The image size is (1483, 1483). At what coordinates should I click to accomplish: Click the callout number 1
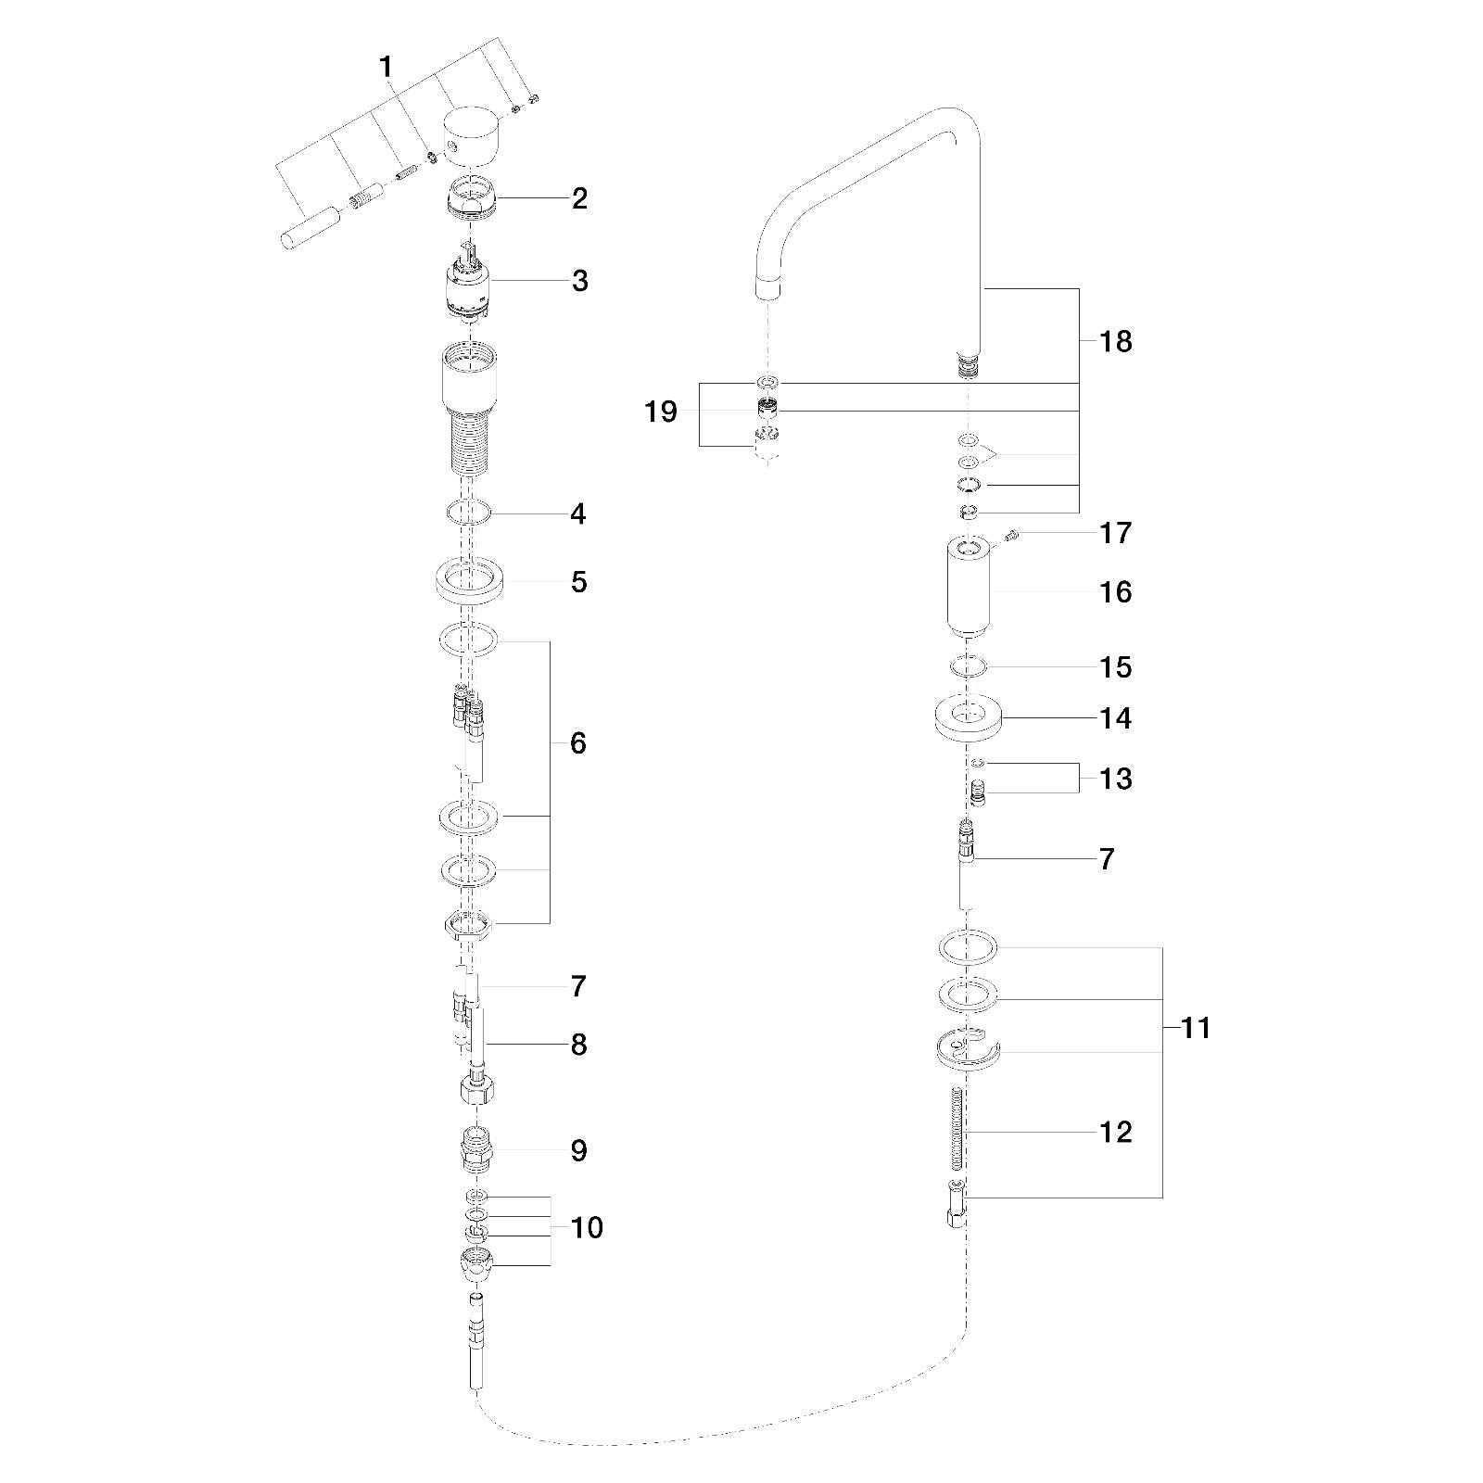click(x=386, y=67)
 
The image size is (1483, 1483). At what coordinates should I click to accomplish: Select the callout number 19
click(x=661, y=412)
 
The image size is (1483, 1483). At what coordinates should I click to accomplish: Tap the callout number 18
click(x=1116, y=341)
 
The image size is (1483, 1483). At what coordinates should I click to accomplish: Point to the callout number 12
click(x=1116, y=1132)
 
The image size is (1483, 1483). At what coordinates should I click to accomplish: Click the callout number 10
click(x=587, y=1227)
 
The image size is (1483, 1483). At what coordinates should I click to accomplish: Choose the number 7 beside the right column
click(x=1107, y=859)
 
